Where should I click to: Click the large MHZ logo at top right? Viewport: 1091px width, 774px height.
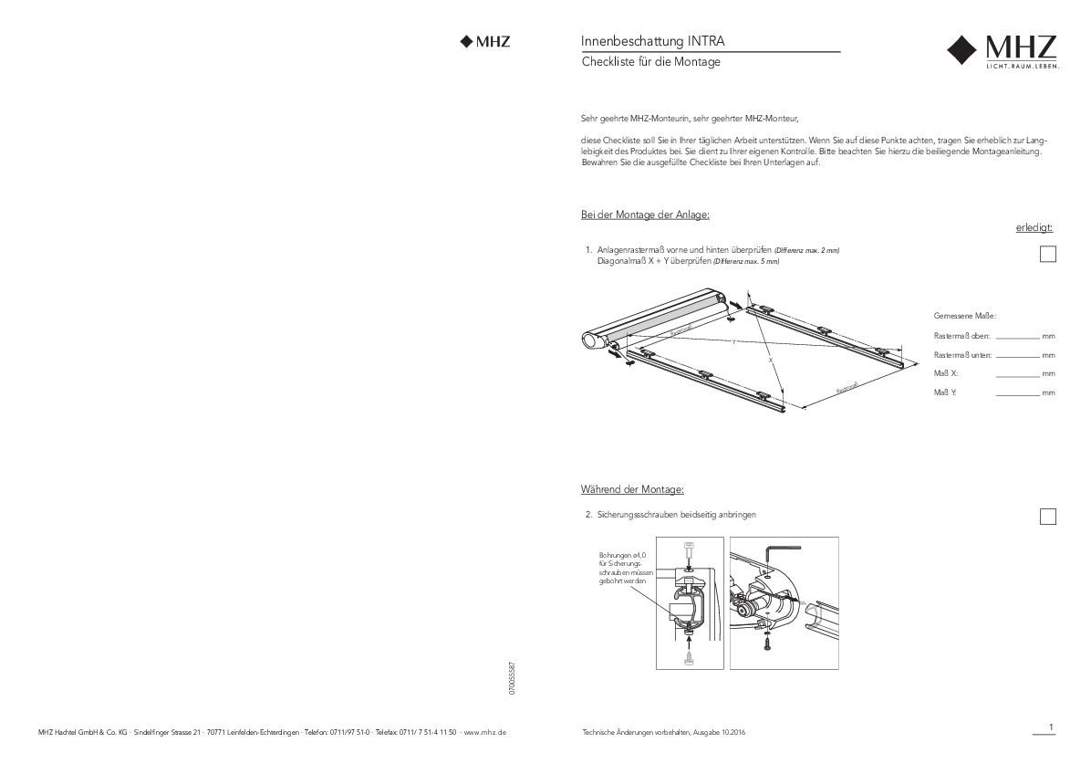[x=1002, y=52]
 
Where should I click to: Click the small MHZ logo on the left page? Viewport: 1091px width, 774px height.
[x=485, y=41]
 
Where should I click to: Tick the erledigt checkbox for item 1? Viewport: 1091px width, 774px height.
[x=1048, y=255]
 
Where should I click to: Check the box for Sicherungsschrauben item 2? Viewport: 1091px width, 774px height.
[x=1048, y=517]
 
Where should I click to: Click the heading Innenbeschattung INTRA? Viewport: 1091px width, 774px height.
[x=653, y=41]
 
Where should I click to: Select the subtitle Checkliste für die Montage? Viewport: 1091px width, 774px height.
[x=650, y=62]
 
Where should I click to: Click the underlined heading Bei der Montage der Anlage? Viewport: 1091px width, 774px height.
[x=644, y=214]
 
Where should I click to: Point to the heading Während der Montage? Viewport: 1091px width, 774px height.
[x=631, y=489]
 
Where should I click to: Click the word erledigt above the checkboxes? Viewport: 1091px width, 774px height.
[x=1034, y=227]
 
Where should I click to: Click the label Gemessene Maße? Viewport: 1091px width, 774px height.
[x=965, y=316]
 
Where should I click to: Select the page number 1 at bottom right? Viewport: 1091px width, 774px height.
[x=1051, y=727]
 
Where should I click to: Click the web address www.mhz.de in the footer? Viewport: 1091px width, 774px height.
[x=485, y=733]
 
